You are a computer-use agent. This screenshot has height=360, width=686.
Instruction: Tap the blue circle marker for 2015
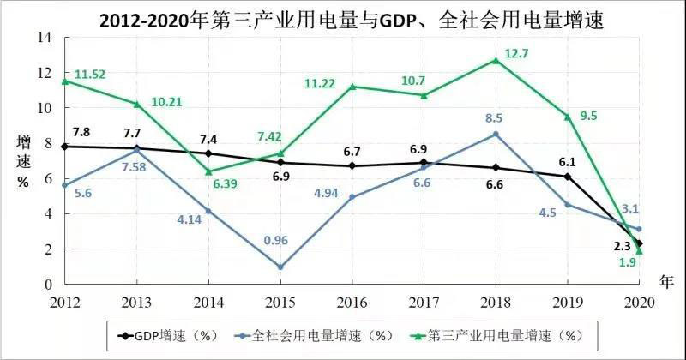[x=280, y=267]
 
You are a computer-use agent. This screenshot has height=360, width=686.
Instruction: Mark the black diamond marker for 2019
[x=568, y=177]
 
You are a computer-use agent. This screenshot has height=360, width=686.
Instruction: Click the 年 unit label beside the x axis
[x=667, y=280]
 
